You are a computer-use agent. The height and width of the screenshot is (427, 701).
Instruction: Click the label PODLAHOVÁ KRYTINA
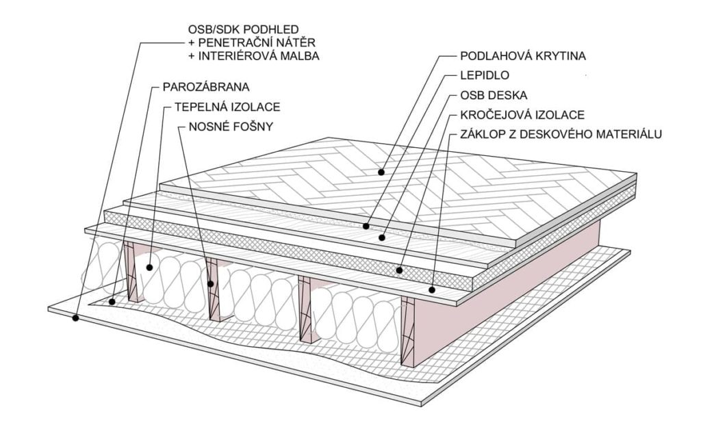(522, 56)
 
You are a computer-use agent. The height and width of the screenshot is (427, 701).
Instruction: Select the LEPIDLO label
(485, 75)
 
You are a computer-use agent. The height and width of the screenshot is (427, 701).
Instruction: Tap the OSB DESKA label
(494, 95)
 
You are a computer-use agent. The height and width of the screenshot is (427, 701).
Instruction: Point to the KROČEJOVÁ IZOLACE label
(522, 115)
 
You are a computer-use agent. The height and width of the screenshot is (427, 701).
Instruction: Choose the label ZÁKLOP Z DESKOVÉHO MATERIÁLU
(561, 134)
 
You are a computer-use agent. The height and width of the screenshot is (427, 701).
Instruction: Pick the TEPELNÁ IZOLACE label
(227, 107)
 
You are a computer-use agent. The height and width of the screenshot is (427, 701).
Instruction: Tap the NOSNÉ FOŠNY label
(231, 127)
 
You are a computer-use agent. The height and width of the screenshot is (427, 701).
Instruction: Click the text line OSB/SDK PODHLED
(243, 30)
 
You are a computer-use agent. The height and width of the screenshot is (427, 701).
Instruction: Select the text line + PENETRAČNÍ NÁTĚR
(252, 42)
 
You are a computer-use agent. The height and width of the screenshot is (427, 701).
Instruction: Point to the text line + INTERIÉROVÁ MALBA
(253, 56)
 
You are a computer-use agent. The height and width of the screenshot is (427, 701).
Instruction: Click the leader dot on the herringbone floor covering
(381, 172)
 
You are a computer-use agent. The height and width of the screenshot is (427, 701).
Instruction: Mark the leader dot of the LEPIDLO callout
(366, 227)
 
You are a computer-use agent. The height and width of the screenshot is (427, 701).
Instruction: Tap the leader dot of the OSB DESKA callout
(381, 237)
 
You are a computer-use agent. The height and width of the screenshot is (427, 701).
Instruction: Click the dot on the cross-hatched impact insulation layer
(399, 270)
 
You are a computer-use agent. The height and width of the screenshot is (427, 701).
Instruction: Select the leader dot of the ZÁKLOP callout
(432, 290)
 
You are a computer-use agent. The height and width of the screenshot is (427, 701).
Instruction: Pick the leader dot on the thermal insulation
(149, 268)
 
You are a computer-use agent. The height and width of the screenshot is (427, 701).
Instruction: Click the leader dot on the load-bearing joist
(211, 283)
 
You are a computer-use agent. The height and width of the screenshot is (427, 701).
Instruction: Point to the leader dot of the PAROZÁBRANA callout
(112, 302)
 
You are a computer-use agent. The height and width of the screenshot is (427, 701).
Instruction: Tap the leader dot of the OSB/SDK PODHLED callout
(75, 318)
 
